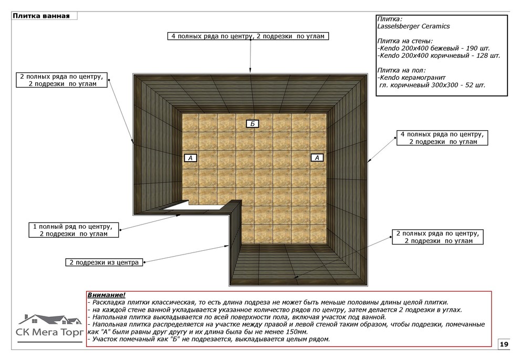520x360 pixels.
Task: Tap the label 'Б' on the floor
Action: coord(253,124)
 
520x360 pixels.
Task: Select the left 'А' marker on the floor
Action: coord(191,157)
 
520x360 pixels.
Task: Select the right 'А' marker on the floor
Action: coord(316,157)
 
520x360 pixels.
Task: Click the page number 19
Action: coord(504,344)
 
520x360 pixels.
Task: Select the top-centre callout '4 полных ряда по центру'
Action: coord(249,36)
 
